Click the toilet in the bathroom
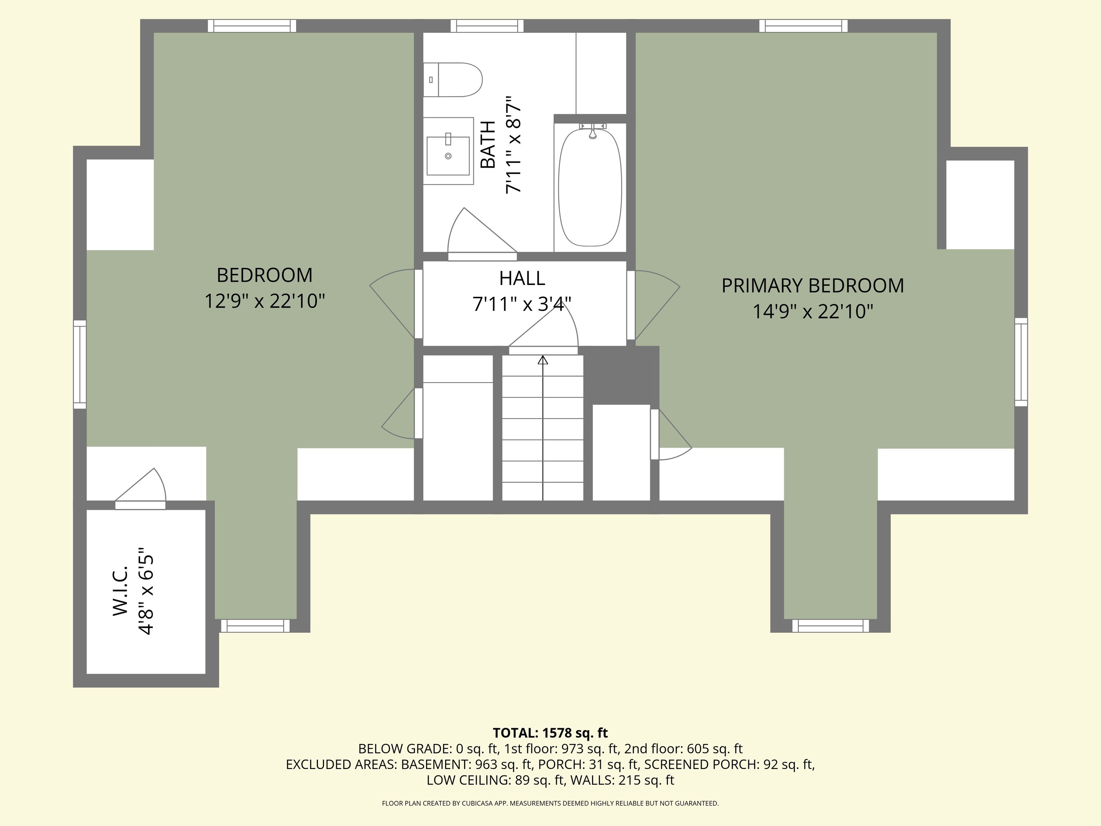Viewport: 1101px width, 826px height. (453, 80)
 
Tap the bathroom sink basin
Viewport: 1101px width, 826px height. (448, 156)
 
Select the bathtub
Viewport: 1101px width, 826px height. (590, 187)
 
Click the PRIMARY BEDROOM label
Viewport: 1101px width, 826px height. (813, 286)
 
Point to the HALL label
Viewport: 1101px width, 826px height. (522, 278)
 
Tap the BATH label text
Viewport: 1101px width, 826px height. (488, 144)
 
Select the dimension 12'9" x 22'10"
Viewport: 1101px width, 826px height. (265, 301)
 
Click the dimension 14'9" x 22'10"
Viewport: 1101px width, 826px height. (813, 312)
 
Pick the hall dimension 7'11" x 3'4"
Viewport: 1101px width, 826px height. (522, 304)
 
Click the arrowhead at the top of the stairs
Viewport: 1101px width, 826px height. (543, 360)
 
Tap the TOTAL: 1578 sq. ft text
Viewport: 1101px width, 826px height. (550, 733)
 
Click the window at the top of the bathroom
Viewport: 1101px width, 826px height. (487, 26)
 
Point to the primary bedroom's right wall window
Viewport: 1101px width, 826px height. (1021, 362)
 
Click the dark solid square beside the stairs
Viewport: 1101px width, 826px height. (621, 375)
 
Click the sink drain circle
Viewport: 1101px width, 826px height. (448, 156)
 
